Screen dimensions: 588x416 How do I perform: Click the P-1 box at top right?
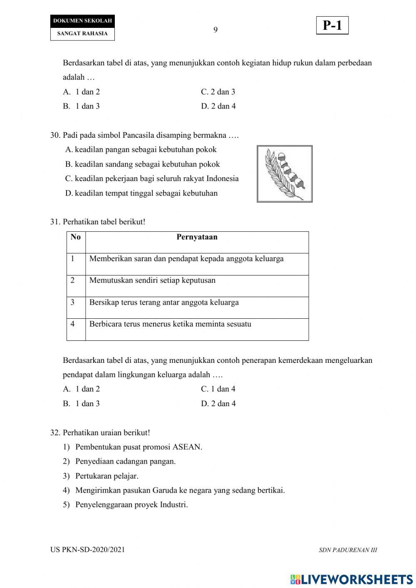(332, 26)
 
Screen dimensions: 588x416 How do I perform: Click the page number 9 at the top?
(215, 30)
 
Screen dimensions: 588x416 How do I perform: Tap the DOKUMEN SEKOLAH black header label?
(82, 21)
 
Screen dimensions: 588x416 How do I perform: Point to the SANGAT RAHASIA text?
(82, 34)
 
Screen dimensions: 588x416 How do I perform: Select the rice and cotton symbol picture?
(285, 174)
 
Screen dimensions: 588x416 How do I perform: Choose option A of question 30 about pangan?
(141, 150)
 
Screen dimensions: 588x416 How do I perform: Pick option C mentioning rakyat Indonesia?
(152, 179)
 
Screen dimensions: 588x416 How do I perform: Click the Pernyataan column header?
(197, 237)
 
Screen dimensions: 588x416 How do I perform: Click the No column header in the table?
(76, 237)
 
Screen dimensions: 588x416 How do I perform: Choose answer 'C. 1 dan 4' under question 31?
(218, 389)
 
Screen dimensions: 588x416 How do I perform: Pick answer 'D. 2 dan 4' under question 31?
(218, 404)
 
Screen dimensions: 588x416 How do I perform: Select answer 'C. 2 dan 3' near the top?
(218, 92)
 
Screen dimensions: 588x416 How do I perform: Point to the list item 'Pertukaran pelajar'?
(106, 476)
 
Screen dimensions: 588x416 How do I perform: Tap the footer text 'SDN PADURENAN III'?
(348, 550)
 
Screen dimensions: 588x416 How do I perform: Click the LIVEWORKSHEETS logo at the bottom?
(352, 579)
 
